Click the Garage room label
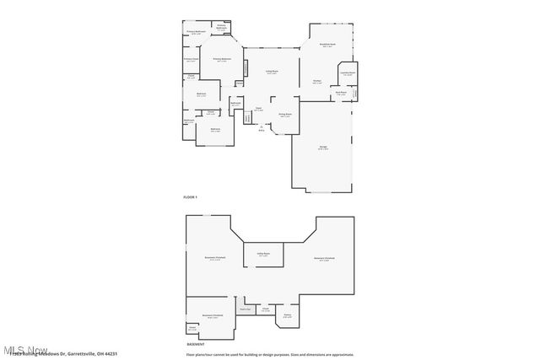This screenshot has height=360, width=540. tap(323, 148)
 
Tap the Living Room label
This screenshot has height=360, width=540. tap(273, 73)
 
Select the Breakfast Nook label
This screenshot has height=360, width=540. tap(328, 45)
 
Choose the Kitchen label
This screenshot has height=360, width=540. tap(317, 82)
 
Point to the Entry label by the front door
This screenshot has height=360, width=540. tap(262, 130)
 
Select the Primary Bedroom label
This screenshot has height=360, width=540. tap(222, 60)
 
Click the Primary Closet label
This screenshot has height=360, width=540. tap(192, 60)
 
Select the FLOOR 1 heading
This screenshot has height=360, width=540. tap(190, 196)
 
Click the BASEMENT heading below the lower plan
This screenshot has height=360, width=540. tap(195, 344)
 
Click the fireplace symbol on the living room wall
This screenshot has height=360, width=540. tap(246, 68)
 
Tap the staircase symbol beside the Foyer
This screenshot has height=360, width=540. tap(248, 117)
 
